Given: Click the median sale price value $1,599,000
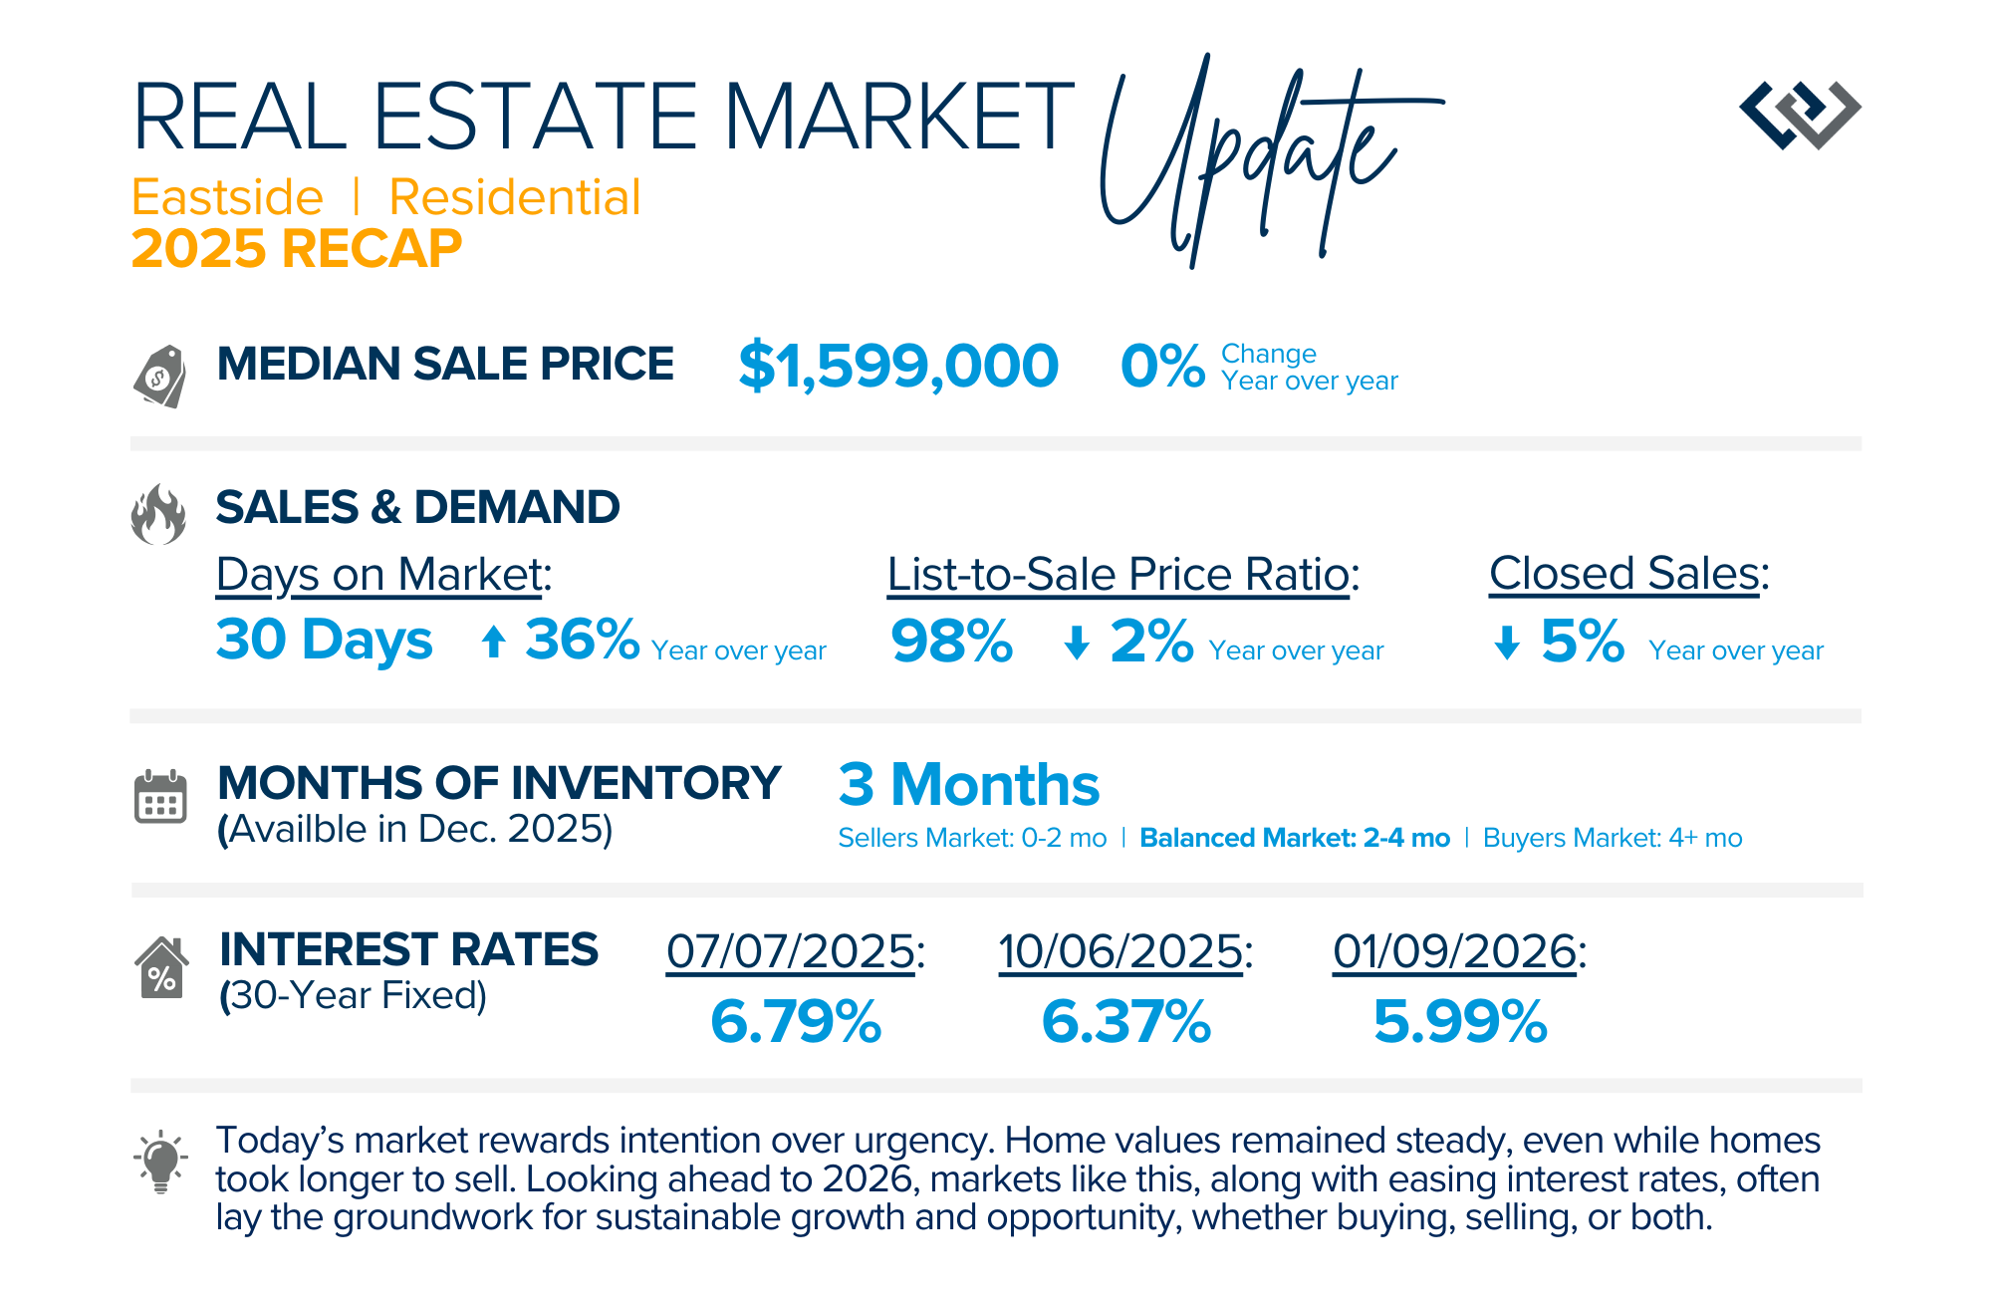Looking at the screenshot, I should (897, 366).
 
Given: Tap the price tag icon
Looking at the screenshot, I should (160, 376).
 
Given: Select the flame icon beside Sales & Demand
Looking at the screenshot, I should (158, 515).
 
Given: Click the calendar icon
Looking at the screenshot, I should (160, 797).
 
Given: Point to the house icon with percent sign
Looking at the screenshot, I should (160, 967).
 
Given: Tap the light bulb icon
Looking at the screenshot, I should (160, 1162).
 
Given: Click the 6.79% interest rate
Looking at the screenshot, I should (796, 1022).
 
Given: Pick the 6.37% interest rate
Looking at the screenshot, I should (1126, 1022).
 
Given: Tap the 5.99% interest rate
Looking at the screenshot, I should (1460, 1022).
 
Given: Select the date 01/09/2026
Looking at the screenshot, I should (1455, 951).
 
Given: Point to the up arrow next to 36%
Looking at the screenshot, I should (493, 642).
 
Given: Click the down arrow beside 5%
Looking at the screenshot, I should (1507, 643).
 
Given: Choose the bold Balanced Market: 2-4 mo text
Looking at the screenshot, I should (1295, 838).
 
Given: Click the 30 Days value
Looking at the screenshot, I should (325, 640).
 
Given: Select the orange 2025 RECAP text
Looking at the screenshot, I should (297, 248).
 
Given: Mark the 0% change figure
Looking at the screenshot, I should (1162, 366).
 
